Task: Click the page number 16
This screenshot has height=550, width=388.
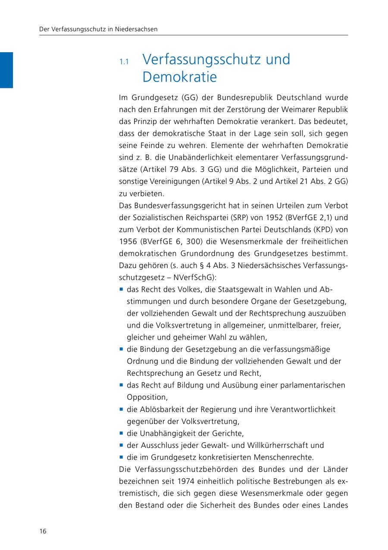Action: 43,531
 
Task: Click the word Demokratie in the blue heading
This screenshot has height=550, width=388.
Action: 179,77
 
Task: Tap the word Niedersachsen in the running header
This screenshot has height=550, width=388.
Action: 136,29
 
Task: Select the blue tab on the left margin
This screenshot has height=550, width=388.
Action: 6,70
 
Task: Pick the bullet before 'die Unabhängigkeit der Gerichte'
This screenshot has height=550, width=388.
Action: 122,433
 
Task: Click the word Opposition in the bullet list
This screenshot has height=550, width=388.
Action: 147,397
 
